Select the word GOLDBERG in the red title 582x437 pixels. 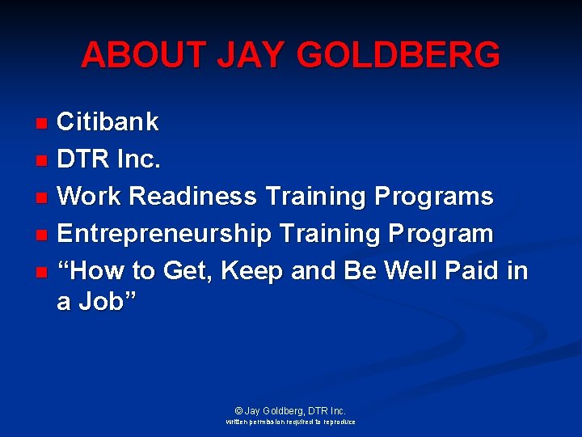click(399, 55)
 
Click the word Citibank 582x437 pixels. click(108, 122)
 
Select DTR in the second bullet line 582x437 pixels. click(83, 159)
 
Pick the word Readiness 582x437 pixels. click(194, 197)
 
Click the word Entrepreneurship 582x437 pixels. click(165, 234)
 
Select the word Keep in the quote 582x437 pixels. click(251, 270)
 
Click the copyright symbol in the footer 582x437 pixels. click(238, 411)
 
